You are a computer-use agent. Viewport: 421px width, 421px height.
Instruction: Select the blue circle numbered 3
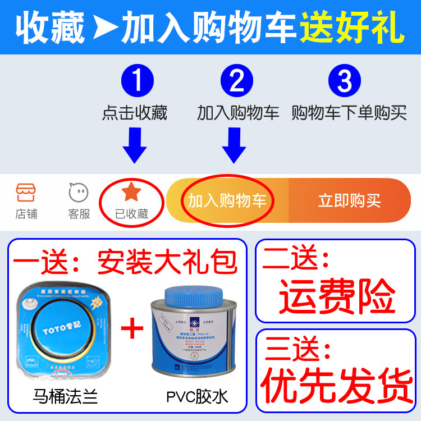tap(344, 82)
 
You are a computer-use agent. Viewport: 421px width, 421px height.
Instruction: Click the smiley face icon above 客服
tap(79, 193)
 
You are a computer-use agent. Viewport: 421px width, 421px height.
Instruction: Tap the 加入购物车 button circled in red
tap(227, 200)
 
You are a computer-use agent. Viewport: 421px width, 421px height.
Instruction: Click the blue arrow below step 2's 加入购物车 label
tap(234, 145)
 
